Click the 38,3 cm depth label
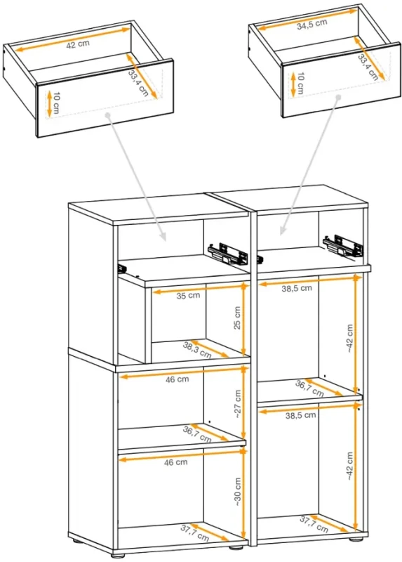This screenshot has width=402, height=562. [197, 349]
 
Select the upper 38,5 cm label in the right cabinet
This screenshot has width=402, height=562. [297, 288]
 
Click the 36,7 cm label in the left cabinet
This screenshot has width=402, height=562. [197, 433]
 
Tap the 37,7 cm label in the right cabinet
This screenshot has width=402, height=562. [314, 523]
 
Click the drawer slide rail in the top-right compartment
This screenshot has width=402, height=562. [343, 244]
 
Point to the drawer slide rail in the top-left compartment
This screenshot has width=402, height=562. [229, 251]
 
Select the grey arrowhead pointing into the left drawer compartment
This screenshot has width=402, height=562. [161, 238]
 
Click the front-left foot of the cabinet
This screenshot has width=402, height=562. [74, 542]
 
